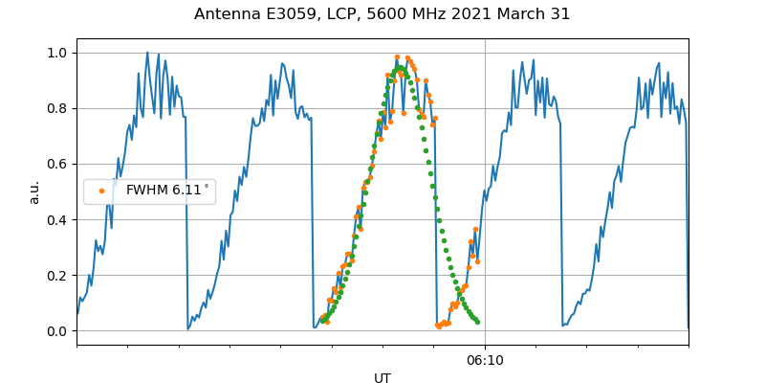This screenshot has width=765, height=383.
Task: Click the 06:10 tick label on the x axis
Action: (x=485, y=361)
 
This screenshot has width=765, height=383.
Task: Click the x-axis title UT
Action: (x=382, y=378)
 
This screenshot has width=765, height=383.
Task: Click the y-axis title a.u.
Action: (x=34, y=191)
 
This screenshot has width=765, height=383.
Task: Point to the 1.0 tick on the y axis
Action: (x=58, y=53)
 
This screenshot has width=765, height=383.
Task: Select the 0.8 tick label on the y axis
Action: (x=58, y=108)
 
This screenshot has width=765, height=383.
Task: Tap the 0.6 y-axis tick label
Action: (x=58, y=164)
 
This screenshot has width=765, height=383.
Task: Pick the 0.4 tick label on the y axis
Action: (x=58, y=219)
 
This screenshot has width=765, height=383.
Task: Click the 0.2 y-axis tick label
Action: (x=58, y=275)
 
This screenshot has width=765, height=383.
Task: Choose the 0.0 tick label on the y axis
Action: (x=58, y=331)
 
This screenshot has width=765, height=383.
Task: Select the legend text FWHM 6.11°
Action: (x=167, y=191)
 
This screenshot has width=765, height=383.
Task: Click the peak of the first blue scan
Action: (x=147, y=53)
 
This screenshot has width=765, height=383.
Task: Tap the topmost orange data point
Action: (x=397, y=57)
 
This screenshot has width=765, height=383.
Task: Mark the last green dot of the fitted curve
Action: (x=477, y=322)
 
